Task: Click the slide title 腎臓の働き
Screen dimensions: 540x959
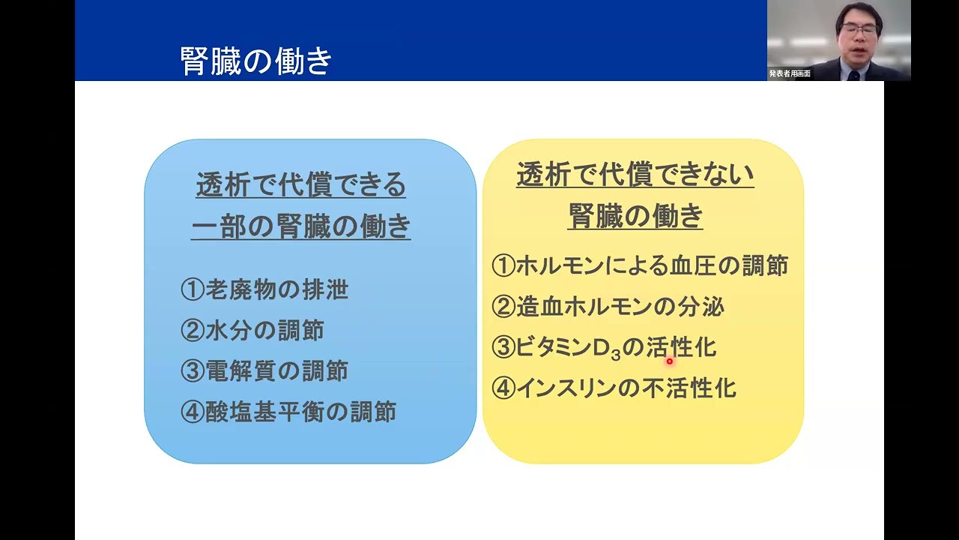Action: point(256,61)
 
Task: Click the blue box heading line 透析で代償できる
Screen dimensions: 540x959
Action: point(300,184)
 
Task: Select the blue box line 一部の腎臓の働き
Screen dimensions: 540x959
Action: point(300,226)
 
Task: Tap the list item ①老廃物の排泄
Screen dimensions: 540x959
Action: point(264,290)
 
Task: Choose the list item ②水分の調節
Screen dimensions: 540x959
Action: point(252,331)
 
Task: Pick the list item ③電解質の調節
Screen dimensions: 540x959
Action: point(264,371)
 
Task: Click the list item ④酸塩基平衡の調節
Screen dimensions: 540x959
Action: point(288,412)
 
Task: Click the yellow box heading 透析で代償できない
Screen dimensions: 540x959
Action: point(635,175)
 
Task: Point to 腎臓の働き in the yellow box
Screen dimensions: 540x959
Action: point(635,217)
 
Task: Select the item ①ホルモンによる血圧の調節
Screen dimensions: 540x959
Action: point(640,265)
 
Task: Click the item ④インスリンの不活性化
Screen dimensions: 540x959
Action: point(614,388)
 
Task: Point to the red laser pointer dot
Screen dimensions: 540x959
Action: point(670,361)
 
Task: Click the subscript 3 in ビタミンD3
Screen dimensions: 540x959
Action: point(617,355)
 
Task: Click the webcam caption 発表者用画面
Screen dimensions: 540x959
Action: point(790,74)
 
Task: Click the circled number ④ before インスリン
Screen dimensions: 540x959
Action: point(503,388)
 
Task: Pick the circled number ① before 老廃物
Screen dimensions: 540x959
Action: point(193,290)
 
